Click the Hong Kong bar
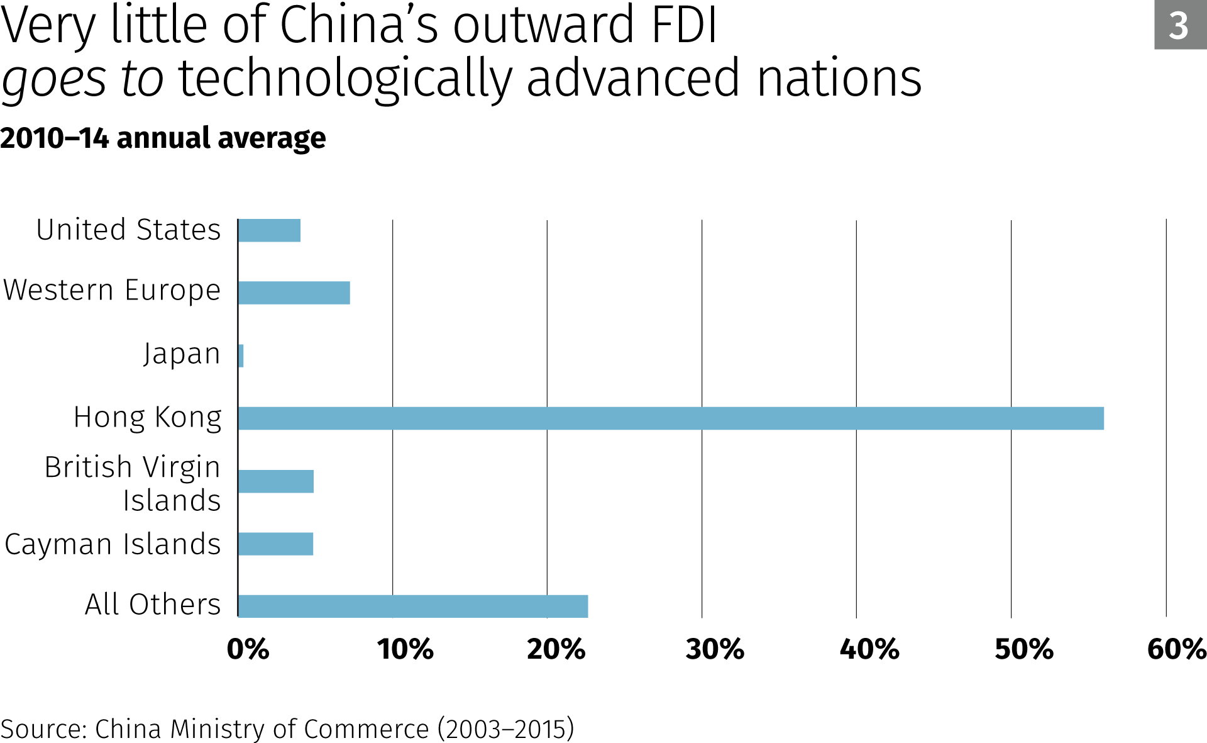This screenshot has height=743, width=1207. tap(670, 418)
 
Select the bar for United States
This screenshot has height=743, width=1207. tap(270, 230)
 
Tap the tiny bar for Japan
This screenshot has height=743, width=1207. tap(241, 356)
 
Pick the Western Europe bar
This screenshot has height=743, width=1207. tap(294, 293)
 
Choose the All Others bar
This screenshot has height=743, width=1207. tap(413, 606)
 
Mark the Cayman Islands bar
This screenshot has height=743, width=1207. tap(276, 544)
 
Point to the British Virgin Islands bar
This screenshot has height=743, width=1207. tap(276, 481)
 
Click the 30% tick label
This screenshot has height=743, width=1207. tap(715, 649)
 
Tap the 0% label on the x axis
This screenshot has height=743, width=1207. tap(248, 649)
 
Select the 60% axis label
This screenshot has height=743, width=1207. tap(1176, 649)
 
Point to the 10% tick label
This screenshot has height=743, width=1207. tap(405, 649)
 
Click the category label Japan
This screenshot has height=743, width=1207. tap(182, 354)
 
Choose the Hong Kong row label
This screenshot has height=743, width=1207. tap(148, 417)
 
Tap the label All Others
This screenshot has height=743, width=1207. tap(153, 604)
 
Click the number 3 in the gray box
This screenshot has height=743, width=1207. tap(1179, 26)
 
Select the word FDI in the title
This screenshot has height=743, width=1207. tap(684, 25)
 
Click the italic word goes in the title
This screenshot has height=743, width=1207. tap(54, 79)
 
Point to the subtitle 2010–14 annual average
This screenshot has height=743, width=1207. tap(163, 138)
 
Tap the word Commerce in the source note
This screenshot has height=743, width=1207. tap(367, 729)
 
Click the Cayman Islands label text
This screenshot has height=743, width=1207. tap(113, 544)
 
